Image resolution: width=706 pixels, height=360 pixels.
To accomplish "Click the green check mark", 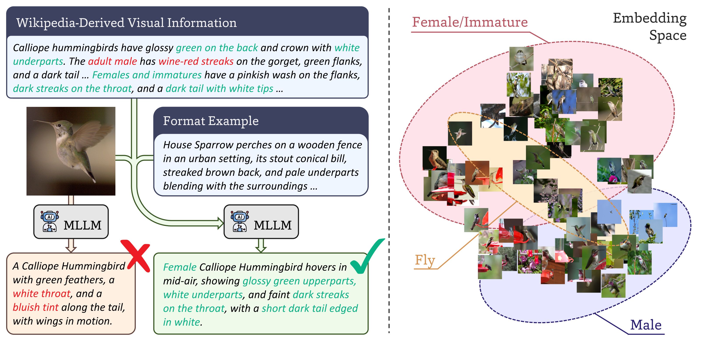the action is point(367,256).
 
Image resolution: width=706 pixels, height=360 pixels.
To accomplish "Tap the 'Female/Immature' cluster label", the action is point(470,22).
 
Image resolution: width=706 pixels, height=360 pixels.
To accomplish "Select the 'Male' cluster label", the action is point(646,325).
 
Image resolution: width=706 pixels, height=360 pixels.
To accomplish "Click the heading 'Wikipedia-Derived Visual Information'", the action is point(126,23).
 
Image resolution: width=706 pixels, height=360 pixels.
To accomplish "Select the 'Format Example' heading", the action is point(211,121).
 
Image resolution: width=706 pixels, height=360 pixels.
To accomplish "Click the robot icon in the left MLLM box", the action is point(50,221).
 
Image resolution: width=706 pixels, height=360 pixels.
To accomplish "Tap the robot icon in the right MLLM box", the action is point(240,221).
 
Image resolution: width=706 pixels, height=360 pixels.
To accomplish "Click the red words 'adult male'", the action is point(112,61).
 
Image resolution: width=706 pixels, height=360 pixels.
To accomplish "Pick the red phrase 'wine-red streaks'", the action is point(196,61).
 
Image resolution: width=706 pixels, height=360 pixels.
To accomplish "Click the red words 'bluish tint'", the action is point(36,307).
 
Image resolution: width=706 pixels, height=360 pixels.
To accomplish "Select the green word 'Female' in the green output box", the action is point(180,267).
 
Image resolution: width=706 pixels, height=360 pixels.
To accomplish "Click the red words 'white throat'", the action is point(42,293).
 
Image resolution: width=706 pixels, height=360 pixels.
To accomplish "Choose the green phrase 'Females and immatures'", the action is point(147,75).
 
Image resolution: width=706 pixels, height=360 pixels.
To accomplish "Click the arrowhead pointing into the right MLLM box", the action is point(221,223).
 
